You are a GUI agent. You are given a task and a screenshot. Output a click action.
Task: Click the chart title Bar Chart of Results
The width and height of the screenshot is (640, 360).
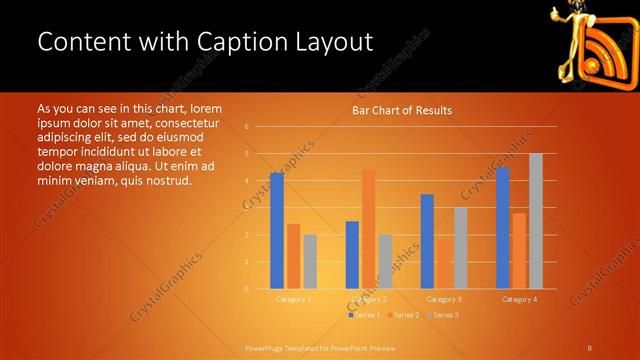click(402, 110)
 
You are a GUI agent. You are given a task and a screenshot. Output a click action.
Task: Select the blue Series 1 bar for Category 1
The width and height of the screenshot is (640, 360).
click(277, 230)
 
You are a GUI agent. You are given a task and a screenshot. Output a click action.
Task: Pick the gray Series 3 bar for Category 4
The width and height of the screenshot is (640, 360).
click(536, 221)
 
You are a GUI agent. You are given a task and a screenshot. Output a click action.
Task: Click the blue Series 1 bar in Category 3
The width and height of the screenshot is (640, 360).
click(427, 241)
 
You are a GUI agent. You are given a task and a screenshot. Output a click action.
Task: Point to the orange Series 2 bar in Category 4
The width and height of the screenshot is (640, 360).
click(519, 250)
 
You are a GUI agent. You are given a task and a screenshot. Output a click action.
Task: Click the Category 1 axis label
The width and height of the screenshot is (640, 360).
click(294, 299)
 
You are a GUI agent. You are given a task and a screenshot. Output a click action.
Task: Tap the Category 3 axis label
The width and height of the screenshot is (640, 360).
click(444, 299)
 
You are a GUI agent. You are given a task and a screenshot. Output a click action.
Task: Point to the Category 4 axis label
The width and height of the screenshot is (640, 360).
click(519, 299)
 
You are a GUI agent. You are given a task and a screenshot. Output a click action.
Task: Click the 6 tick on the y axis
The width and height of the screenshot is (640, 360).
click(246, 126)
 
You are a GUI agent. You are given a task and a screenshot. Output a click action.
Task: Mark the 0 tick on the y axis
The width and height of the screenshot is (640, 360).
click(246, 289)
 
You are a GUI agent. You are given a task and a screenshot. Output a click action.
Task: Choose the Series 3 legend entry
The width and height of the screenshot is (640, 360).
click(443, 315)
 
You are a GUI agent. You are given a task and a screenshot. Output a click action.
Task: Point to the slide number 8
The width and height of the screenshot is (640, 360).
click(590, 348)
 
